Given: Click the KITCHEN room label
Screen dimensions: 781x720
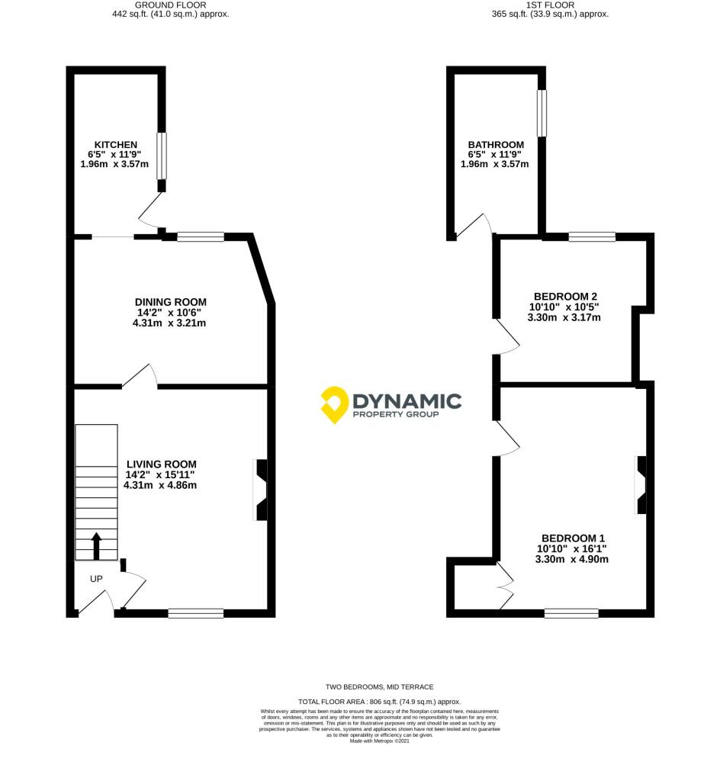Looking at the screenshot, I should (x=115, y=145).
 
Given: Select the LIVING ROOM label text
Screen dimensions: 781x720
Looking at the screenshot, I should (x=161, y=464).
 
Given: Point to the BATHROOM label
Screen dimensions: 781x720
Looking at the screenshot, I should (x=496, y=145).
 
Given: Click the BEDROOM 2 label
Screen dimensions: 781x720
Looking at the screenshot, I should (x=564, y=296).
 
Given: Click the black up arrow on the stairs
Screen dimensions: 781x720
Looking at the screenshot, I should (x=96, y=546).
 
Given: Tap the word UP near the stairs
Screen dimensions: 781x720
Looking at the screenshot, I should (x=96, y=579).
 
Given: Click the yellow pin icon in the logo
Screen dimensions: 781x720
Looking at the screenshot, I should (x=333, y=404).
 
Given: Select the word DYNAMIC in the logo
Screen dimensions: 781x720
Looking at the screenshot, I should (x=407, y=400).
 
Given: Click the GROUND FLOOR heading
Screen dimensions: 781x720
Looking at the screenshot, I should (x=169, y=5).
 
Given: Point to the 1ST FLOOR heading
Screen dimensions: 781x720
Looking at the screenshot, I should (x=550, y=5).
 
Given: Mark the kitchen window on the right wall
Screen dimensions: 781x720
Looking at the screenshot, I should (x=162, y=156).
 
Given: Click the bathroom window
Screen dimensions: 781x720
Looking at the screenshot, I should (x=542, y=114).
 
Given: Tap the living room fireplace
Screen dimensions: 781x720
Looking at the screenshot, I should (x=260, y=490).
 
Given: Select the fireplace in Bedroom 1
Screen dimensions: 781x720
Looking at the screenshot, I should (x=641, y=486).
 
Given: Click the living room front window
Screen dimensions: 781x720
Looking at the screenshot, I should (x=196, y=612).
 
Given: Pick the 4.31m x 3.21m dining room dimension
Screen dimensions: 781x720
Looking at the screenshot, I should (x=169, y=323).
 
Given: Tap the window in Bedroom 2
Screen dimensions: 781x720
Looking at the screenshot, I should (x=592, y=237).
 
